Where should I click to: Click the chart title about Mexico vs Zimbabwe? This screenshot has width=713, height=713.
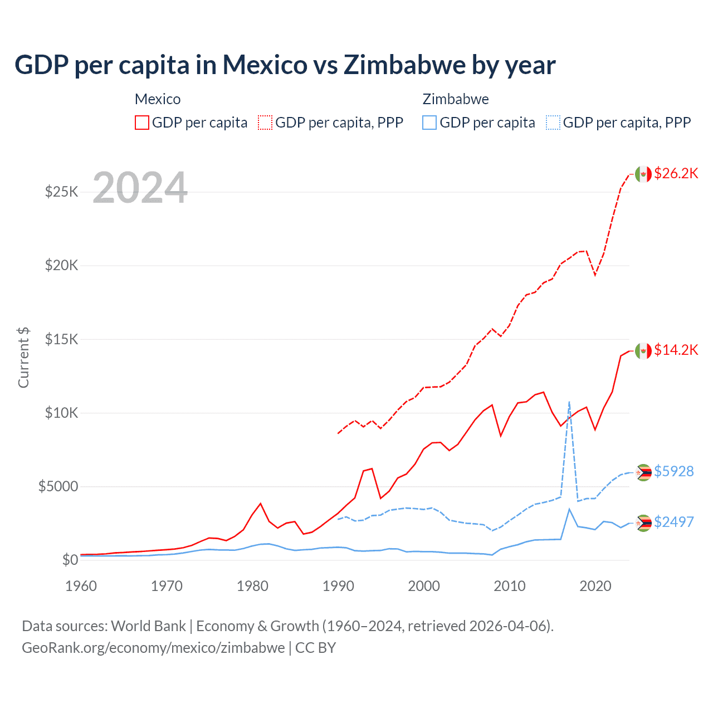285,65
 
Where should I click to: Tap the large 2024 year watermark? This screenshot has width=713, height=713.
140,188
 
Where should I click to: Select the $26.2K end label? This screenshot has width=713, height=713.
676,173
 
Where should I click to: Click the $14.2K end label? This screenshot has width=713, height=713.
676,350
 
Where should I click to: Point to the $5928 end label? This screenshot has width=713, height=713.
673,471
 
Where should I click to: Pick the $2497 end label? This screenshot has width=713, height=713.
673,522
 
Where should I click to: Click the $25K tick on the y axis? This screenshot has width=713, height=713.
61,192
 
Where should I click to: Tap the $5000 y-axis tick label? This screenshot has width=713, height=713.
58,486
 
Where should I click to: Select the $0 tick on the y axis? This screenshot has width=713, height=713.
70,560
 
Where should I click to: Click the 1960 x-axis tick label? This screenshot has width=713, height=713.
81,586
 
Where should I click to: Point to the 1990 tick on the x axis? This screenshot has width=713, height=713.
338,586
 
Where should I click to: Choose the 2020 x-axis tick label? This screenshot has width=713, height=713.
595,586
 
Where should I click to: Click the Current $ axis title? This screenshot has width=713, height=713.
23,358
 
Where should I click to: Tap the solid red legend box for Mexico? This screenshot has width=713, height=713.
142,123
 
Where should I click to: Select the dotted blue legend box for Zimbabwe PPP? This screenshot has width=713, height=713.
553,123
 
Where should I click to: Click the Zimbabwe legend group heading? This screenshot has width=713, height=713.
456,99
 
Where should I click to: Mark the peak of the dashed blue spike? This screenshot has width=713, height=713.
569,402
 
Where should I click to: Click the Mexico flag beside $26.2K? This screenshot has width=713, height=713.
643,174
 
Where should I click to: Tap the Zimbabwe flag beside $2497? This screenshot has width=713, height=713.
643,522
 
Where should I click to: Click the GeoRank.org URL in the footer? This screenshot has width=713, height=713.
153,648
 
